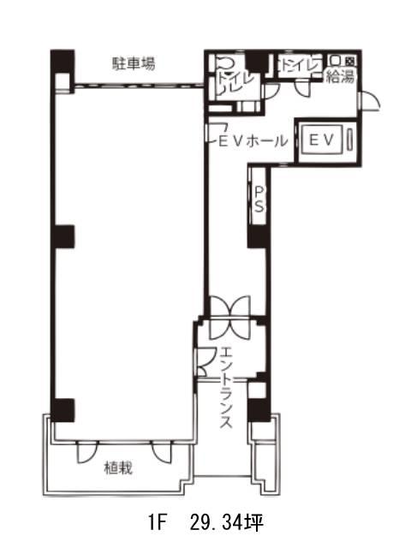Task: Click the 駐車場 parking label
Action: (x=134, y=64)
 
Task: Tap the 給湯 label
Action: (x=341, y=76)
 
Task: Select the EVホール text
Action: (x=253, y=141)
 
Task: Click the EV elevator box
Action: (x=322, y=140)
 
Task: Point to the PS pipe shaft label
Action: (x=259, y=200)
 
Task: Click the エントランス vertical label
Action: (x=225, y=387)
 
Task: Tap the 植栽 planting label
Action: (x=118, y=468)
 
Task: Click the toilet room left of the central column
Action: (x=236, y=78)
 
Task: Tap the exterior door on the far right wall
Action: (x=368, y=101)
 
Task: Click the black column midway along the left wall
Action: (x=63, y=236)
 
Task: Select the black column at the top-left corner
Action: (x=63, y=62)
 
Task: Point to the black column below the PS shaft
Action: (x=259, y=237)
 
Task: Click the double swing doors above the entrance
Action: (x=229, y=318)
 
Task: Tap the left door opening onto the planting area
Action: (x=87, y=452)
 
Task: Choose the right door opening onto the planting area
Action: (x=162, y=452)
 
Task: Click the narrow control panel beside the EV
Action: (x=350, y=140)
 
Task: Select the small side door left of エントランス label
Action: (x=202, y=362)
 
